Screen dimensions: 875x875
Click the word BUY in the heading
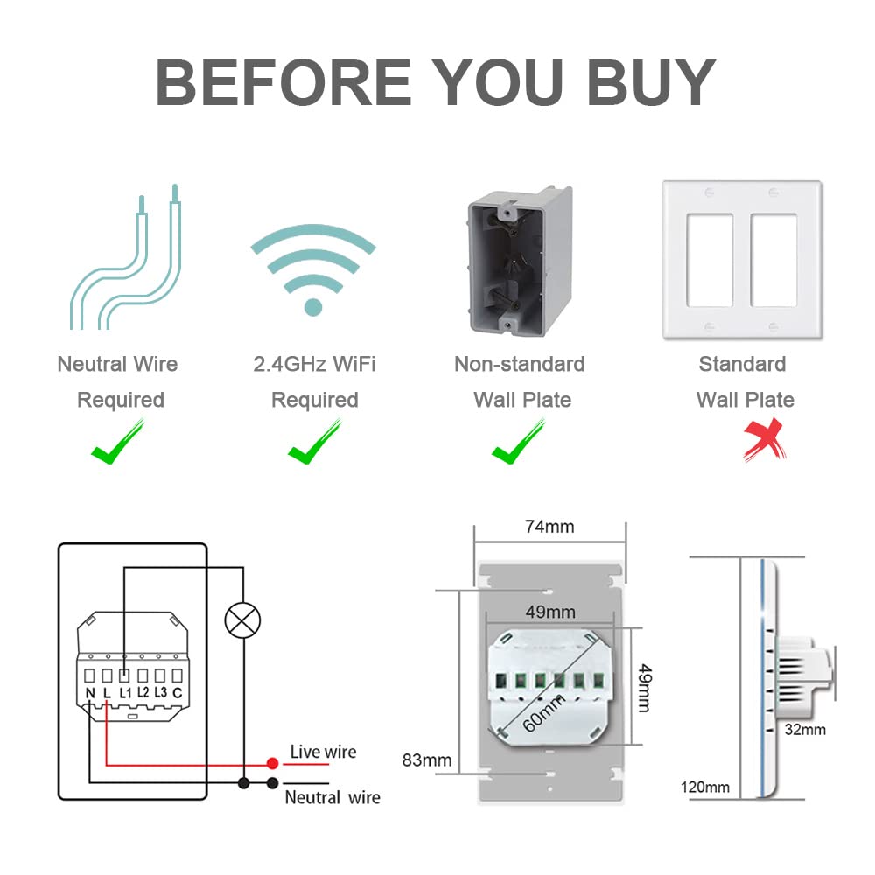(651, 82)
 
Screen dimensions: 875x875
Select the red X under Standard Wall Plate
(765, 440)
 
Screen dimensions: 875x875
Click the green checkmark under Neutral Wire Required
(118, 441)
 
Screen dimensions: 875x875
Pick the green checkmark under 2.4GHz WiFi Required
(315, 441)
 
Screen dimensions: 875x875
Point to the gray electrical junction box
(520, 261)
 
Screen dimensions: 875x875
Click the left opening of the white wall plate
(710, 260)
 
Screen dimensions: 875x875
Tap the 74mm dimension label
(549, 527)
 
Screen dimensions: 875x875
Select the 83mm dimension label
(427, 760)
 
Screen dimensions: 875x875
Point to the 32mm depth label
(805, 730)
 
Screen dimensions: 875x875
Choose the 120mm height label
(704, 787)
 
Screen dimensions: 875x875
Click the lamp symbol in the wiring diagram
(242, 620)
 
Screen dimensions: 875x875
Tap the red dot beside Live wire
(272, 763)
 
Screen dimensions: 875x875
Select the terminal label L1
(125, 692)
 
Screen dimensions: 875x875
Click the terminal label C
(178, 692)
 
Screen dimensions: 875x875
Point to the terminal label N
(90, 693)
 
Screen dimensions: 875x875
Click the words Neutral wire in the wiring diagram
(332, 797)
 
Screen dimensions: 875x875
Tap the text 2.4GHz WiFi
(314, 364)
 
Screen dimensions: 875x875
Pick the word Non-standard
(520, 364)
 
